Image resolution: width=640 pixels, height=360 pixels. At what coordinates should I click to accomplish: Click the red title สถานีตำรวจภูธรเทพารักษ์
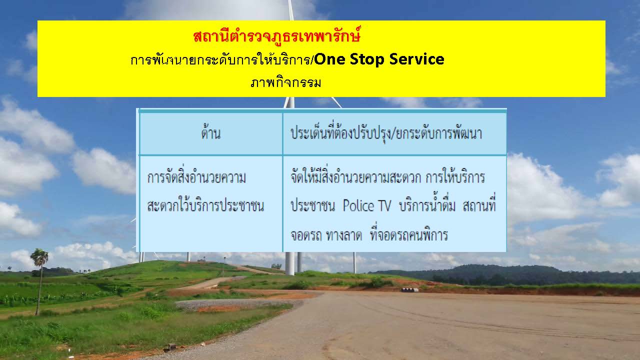(276, 36)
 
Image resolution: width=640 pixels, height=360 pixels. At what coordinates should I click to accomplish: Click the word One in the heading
(329, 59)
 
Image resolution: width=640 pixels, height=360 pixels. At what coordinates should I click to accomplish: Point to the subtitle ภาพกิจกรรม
(285, 82)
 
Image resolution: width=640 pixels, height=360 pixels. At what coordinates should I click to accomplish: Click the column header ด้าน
(211, 132)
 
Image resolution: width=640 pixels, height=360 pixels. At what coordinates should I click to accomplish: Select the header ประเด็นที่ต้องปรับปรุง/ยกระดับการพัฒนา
(386, 133)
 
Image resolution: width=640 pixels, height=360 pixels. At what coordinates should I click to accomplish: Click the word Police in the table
(358, 205)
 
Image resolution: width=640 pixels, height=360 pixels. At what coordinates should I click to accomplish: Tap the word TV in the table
(384, 205)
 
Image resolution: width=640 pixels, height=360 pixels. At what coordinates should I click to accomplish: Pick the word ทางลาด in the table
(344, 235)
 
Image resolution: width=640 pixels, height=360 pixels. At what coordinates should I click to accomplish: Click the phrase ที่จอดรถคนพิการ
(408, 234)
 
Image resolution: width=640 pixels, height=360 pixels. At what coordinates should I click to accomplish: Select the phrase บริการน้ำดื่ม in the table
(427, 205)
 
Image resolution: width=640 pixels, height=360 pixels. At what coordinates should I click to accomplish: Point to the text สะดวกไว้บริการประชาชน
(205, 205)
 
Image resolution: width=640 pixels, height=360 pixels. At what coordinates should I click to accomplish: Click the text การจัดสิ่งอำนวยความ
(196, 176)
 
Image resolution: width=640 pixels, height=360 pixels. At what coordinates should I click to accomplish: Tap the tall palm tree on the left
(39, 280)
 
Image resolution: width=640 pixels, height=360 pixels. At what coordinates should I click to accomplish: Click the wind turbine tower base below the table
(289, 263)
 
